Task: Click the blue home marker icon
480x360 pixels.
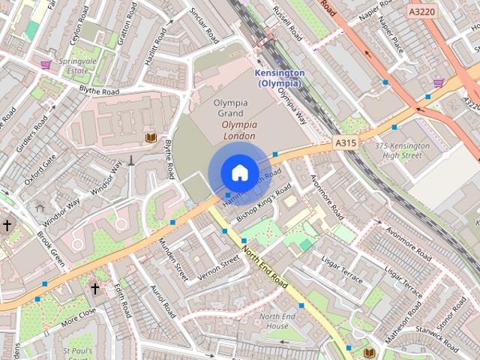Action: click(x=238, y=172)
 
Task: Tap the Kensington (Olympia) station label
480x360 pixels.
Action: click(x=279, y=78)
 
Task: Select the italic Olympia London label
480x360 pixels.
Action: click(x=239, y=130)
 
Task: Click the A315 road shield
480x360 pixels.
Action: click(x=345, y=142)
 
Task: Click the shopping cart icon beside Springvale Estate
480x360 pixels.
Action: click(x=46, y=64)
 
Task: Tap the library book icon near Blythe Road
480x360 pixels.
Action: click(x=151, y=137)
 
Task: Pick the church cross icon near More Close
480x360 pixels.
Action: click(x=95, y=288)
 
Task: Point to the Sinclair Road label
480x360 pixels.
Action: click(x=203, y=26)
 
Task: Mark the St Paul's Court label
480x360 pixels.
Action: click(x=78, y=354)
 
